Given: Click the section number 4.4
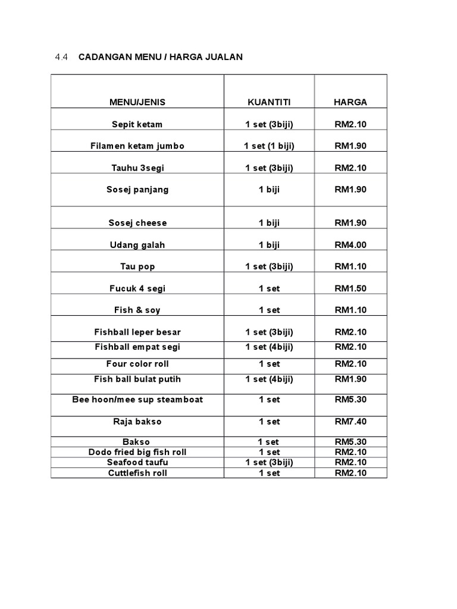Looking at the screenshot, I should (x=62, y=57).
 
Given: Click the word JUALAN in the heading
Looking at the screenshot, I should (x=223, y=57).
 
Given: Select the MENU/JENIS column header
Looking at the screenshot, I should (x=137, y=102).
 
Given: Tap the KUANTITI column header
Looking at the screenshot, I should (x=269, y=102).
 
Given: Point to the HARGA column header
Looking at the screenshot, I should (x=350, y=102).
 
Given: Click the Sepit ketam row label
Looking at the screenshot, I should (x=137, y=124).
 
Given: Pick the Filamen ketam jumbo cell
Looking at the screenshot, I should (x=137, y=146).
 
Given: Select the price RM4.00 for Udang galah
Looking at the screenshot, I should (x=350, y=245).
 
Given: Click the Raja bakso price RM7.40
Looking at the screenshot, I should (x=350, y=422).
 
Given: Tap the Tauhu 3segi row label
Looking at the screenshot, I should (x=137, y=168).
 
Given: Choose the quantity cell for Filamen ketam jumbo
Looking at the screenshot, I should (x=269, y=146).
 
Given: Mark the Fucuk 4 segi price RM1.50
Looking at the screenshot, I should (x=350, y=288).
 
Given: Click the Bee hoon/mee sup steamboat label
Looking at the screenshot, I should (x=137, y=400).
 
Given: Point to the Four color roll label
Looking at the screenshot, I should (x=137, y=364).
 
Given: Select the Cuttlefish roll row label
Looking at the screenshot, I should (x=137, y=473).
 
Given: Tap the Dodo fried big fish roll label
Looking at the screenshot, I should (x=137, y=453).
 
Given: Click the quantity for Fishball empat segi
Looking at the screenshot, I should (x=269, y=347).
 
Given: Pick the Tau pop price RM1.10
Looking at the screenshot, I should (x=350, y=266).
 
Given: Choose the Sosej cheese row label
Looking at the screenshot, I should (x=137, y=223).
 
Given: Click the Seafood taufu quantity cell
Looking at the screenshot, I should (x=269, y=463).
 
